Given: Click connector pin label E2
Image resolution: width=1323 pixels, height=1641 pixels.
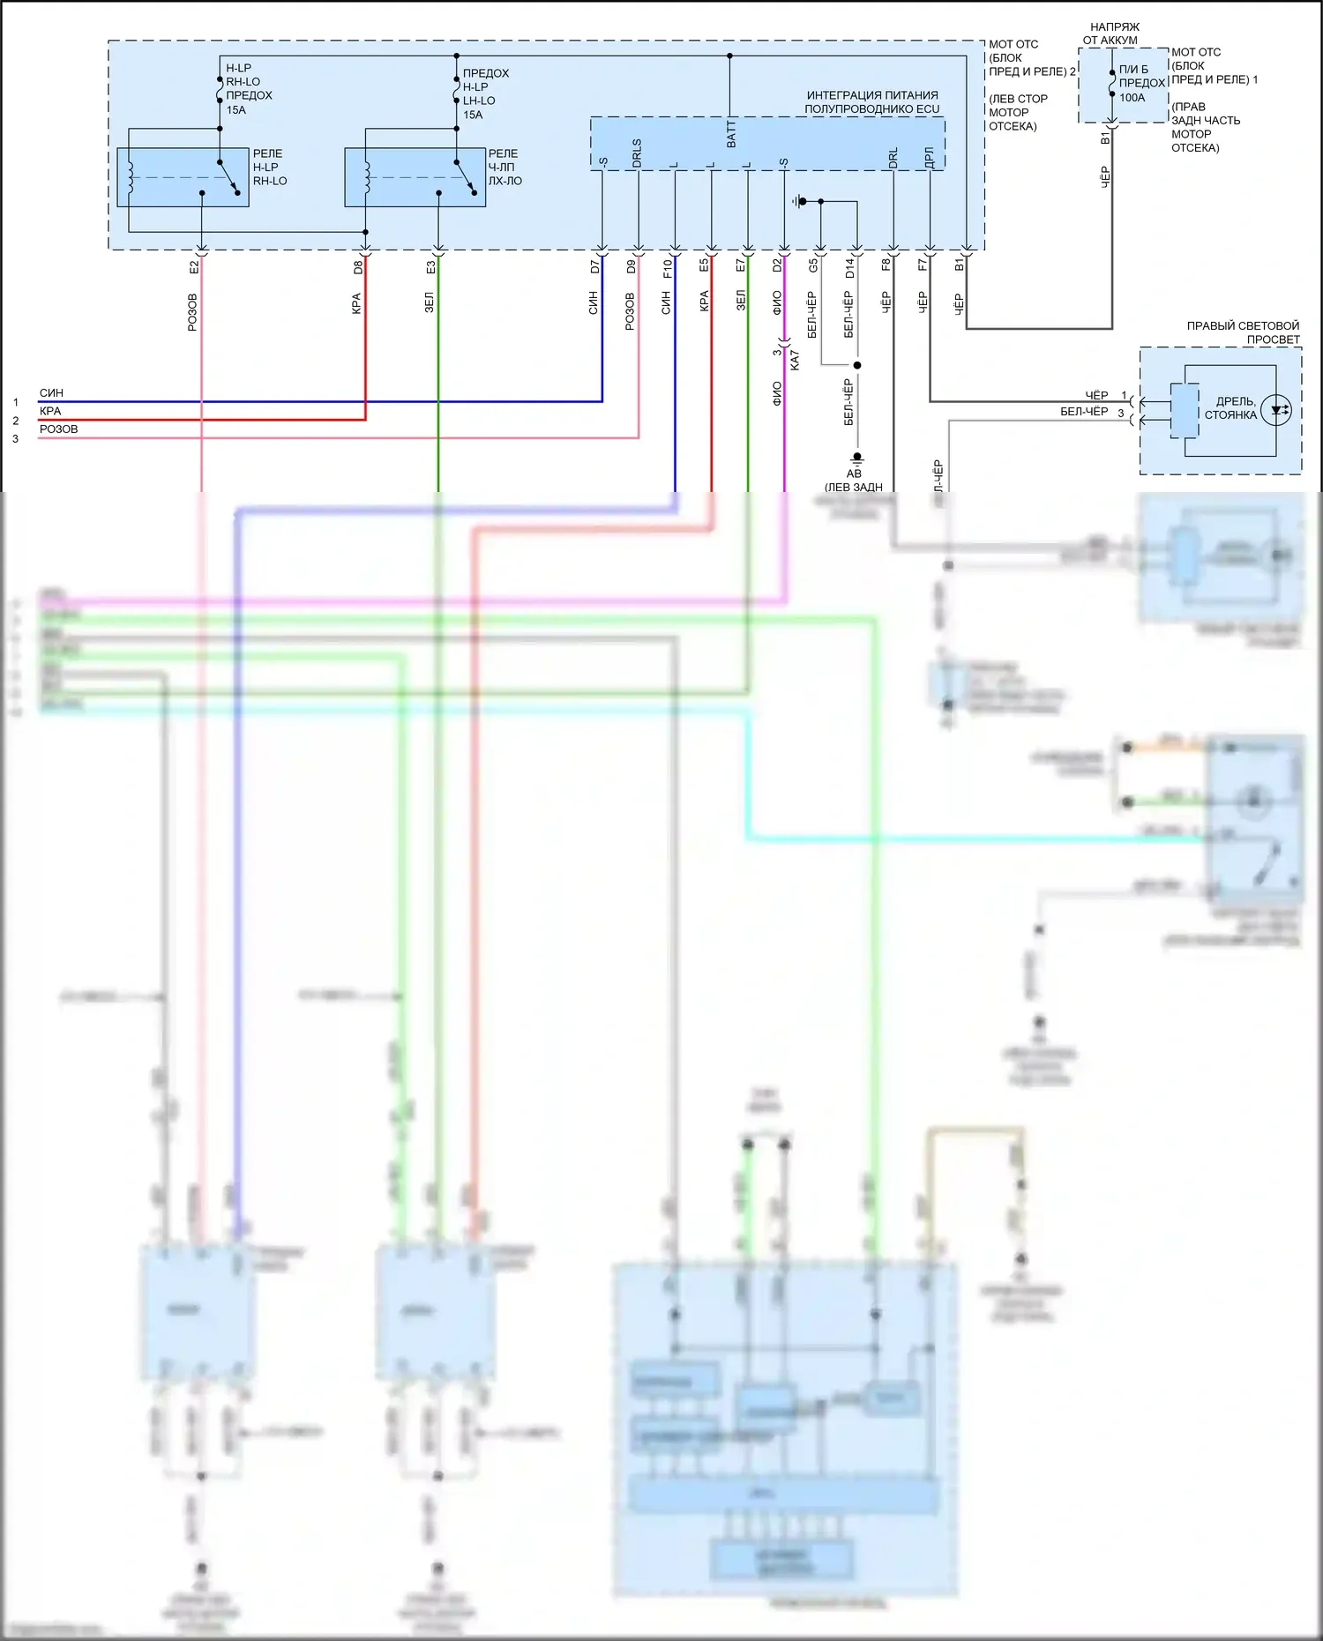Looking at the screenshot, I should (x=194, y=265).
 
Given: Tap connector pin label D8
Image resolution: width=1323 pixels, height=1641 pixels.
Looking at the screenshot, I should (x=358, y=266).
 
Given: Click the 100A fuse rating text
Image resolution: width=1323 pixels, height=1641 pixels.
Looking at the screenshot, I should (x=1132, y=98).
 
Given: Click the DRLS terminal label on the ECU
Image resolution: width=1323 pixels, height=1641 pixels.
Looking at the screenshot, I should (x=637, y=153).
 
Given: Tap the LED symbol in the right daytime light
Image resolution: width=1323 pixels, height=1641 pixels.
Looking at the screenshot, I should (x=1275, y=410).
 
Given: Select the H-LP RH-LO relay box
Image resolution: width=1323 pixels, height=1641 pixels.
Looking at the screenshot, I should (x=183, y=177).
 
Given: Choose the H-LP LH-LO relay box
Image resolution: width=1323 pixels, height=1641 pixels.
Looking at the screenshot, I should (x=415, y=177).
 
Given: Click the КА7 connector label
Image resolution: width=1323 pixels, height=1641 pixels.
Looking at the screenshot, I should (x=795, y=360).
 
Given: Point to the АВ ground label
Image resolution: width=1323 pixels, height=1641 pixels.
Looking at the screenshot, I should (x=854, y=474).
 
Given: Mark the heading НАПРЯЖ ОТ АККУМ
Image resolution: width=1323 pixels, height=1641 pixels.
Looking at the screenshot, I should (x=1110, y=34).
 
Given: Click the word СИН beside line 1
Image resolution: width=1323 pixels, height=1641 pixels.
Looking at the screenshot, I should (x=51, y=393).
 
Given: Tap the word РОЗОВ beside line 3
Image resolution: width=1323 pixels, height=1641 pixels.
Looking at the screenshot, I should (x=58, y=429).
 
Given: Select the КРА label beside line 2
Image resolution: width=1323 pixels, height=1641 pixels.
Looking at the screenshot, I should (x=50, y=411).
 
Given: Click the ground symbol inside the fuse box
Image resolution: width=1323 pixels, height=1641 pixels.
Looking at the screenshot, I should (x=800, y=202).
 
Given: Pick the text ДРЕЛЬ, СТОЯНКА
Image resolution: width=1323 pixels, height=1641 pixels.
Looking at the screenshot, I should (x=1231, y=408).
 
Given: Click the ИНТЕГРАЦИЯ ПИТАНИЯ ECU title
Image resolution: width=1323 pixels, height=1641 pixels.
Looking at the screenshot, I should (x=871, y=102).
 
